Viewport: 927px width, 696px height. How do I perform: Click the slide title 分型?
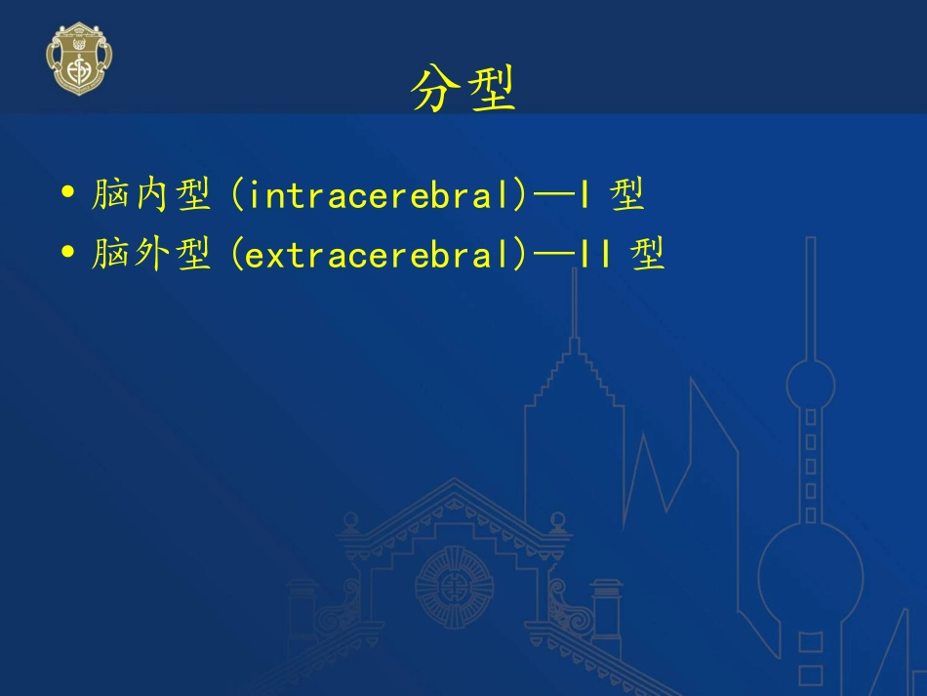[463, 88]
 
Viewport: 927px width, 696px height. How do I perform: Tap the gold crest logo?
[79, 58]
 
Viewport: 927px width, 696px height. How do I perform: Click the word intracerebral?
[382, 196]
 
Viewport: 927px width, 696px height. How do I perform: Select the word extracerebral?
[382, 255]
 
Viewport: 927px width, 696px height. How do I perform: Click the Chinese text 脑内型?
[151, 196]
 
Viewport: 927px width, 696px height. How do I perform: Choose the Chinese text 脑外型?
[151, 255]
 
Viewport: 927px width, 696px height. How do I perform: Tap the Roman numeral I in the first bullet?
[583, 196]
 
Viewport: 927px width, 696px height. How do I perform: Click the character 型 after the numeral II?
[647, 255]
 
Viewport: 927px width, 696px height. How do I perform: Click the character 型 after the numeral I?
[627, 196]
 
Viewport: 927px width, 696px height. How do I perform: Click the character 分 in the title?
[435, 88]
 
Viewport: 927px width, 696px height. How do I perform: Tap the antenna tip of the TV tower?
[810, 240]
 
